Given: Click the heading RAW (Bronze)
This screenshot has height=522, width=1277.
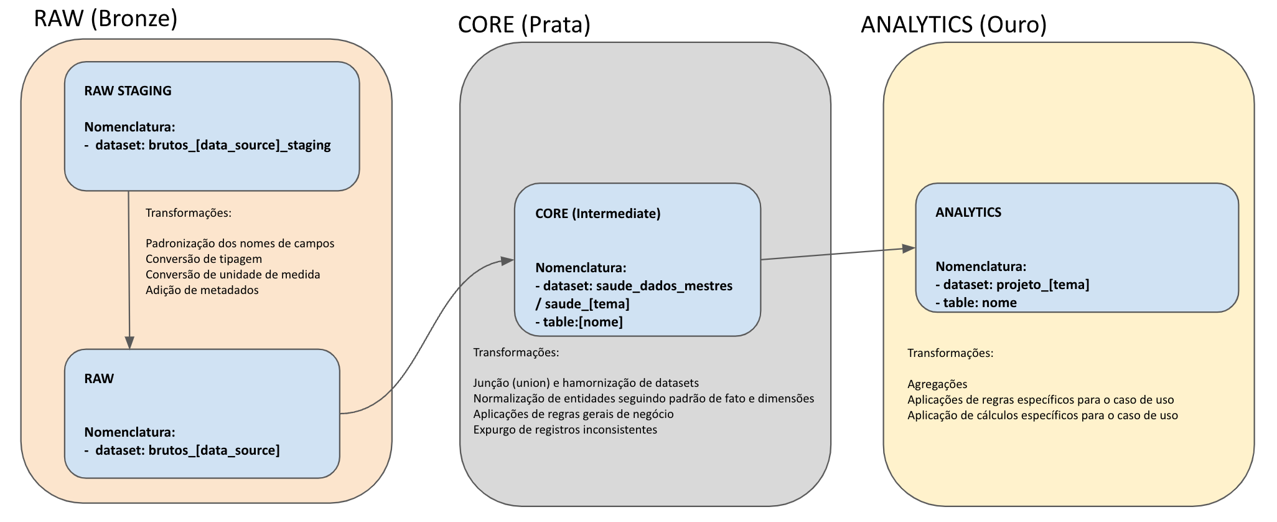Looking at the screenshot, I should [106, 19].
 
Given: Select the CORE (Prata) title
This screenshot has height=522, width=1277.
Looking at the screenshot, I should [524, 25].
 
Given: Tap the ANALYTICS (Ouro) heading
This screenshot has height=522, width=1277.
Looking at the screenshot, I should [953, 25].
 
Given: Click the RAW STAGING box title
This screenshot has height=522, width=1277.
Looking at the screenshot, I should [128, 91].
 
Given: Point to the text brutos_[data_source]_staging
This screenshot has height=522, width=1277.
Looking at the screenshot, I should [240, 145].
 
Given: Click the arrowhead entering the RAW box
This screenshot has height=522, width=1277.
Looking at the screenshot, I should [129, 343].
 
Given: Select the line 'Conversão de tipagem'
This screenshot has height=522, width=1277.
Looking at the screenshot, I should [203, 259].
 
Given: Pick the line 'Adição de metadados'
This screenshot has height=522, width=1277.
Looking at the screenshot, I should [202, 290].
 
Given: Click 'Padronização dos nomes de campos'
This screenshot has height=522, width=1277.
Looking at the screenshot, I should [240, 244].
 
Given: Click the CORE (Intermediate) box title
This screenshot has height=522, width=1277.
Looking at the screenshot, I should [597, 214].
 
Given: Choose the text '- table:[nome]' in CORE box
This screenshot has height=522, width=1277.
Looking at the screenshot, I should [579, 322].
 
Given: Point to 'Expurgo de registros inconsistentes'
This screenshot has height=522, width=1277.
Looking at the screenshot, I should [564, 430].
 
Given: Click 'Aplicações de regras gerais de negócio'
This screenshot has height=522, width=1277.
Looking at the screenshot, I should [573, 414].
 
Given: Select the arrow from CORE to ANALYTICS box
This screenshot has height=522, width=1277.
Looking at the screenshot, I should [837, 254].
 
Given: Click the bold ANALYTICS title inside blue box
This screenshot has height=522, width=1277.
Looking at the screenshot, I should [968, 212].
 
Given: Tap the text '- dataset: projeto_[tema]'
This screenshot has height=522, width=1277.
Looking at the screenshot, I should [1012, 285].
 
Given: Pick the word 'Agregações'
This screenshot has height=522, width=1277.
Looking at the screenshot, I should [937, 384].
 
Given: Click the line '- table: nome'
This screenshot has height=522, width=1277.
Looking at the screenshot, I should [976, 303].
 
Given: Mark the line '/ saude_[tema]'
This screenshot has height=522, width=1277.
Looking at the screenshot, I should [582, 304].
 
